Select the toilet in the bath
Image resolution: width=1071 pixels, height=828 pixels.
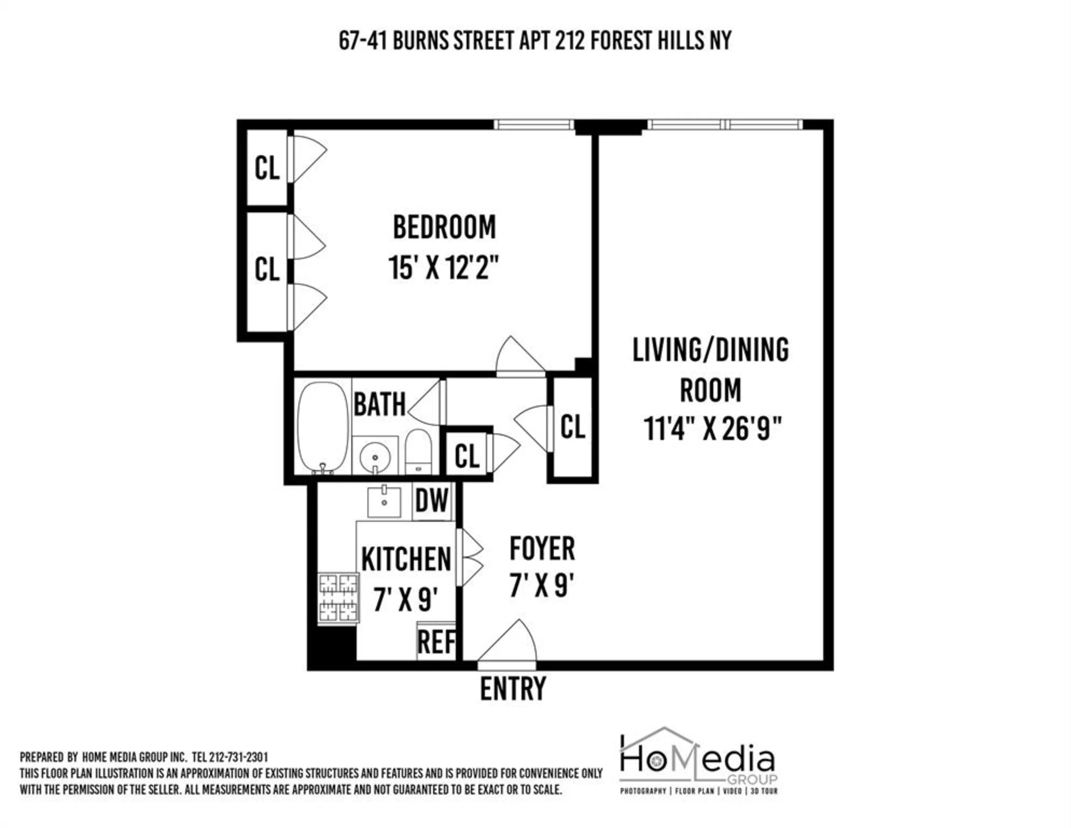(x=418, y=452)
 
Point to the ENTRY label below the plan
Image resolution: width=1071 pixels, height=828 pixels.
(x=512, y=689)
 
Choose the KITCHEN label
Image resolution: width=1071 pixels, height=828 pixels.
(x=406, y=559)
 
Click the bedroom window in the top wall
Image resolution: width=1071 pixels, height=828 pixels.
(x=534, y=125)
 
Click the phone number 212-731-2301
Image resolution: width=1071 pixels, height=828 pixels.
(x=238, y=757)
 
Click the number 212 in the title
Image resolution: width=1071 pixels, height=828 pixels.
(x=570, y=41)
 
